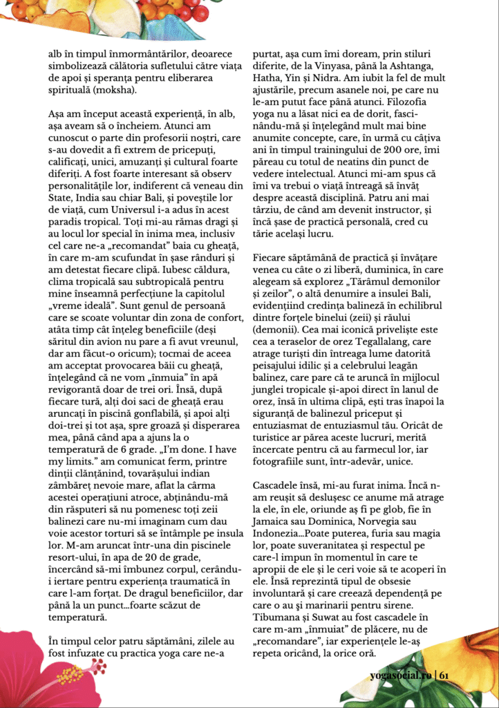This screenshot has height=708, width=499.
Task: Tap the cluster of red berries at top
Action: pos(180,10)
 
